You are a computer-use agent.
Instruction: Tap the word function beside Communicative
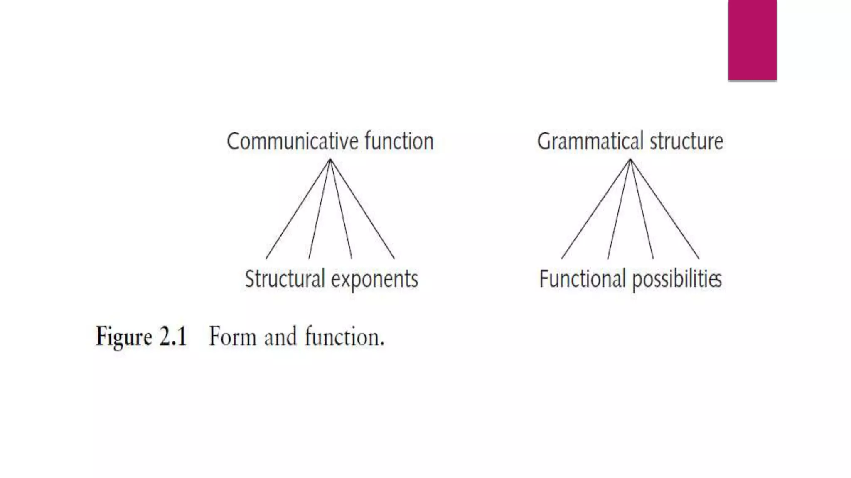(x=399, y=141)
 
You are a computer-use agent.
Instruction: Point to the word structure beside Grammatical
(x=686, y=141)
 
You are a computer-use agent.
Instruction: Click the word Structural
(x=285, y=279)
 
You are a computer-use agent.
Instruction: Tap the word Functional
(x=582, y=279)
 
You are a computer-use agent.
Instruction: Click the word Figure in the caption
(x=124, y=337)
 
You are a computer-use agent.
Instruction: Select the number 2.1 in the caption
(x=173, y=336)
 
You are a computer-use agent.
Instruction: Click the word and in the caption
(x=280, y=337)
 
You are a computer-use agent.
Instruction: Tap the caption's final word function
(x=344, y=336)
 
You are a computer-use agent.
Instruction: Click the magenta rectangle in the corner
(x=752, y=40)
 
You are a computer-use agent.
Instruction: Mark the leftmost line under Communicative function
(x=298, y=209)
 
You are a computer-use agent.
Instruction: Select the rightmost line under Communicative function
(x=362, y=209)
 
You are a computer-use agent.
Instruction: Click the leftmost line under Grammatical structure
(x=596, y=209)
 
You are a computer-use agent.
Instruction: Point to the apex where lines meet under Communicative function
(x=330, y=160)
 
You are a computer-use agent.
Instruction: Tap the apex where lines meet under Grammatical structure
(x=630, y=160)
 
